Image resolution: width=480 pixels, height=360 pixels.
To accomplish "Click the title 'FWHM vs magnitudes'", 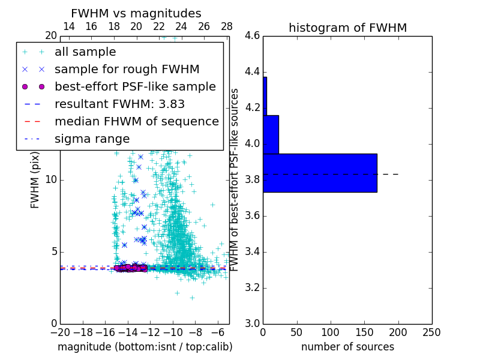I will (x=136, y=14).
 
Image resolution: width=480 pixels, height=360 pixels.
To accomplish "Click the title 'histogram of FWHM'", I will (x=347, y=28).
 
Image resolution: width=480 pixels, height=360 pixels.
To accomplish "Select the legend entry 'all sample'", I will (x=85, y=52).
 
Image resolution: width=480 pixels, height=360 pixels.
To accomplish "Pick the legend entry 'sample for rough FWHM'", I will (x=127, y=69).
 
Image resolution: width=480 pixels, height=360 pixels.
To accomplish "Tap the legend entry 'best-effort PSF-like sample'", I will (x=135, y=86).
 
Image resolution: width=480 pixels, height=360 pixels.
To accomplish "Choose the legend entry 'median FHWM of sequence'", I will (x=136, y=121).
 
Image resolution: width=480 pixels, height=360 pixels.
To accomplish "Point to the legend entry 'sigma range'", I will (x=92, y=139).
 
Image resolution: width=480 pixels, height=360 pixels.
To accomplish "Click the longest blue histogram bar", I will (x=320, y=173).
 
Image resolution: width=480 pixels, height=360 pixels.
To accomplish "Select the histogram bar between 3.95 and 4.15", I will (x=271, y=134).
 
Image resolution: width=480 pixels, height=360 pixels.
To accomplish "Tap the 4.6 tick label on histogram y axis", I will (x=252, y=36).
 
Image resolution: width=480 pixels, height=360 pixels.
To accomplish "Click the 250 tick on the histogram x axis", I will (x=431, y=332).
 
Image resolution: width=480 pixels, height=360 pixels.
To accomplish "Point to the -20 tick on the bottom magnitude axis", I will (x=60, y=332).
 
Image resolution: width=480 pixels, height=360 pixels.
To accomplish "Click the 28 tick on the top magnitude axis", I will (x=227, y=26).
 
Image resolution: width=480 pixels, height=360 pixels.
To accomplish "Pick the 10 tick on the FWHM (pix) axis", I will (x=50, y=180).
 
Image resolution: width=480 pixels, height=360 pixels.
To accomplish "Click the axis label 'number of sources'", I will (x=347, y=347).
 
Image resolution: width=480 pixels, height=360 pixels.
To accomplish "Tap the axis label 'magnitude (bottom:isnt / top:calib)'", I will (x=145, y=347).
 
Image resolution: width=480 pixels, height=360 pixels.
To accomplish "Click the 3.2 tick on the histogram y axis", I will (x=252, y=288).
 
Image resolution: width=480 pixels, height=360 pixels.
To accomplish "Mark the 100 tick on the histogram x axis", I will (x=331, y=332).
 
